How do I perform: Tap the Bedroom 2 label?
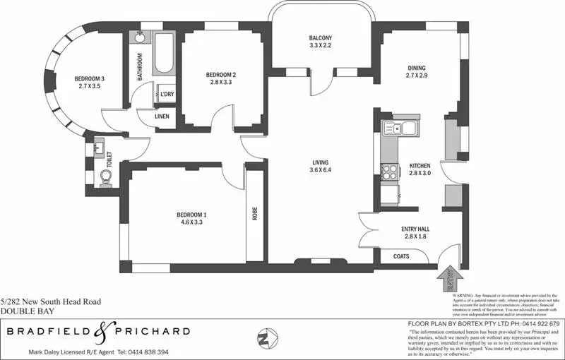(x=220, y=78)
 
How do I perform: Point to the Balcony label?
(x=320, y=42)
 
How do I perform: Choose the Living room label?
(x=321, y=166)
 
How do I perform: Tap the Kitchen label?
(x=419, y=171)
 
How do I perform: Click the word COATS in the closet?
(x=400, y=258)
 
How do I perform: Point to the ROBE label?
(x=254, y=213)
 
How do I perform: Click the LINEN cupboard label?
(x=162, y=116)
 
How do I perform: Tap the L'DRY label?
(x=167, y=94)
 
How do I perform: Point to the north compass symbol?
(x=263, y=337)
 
